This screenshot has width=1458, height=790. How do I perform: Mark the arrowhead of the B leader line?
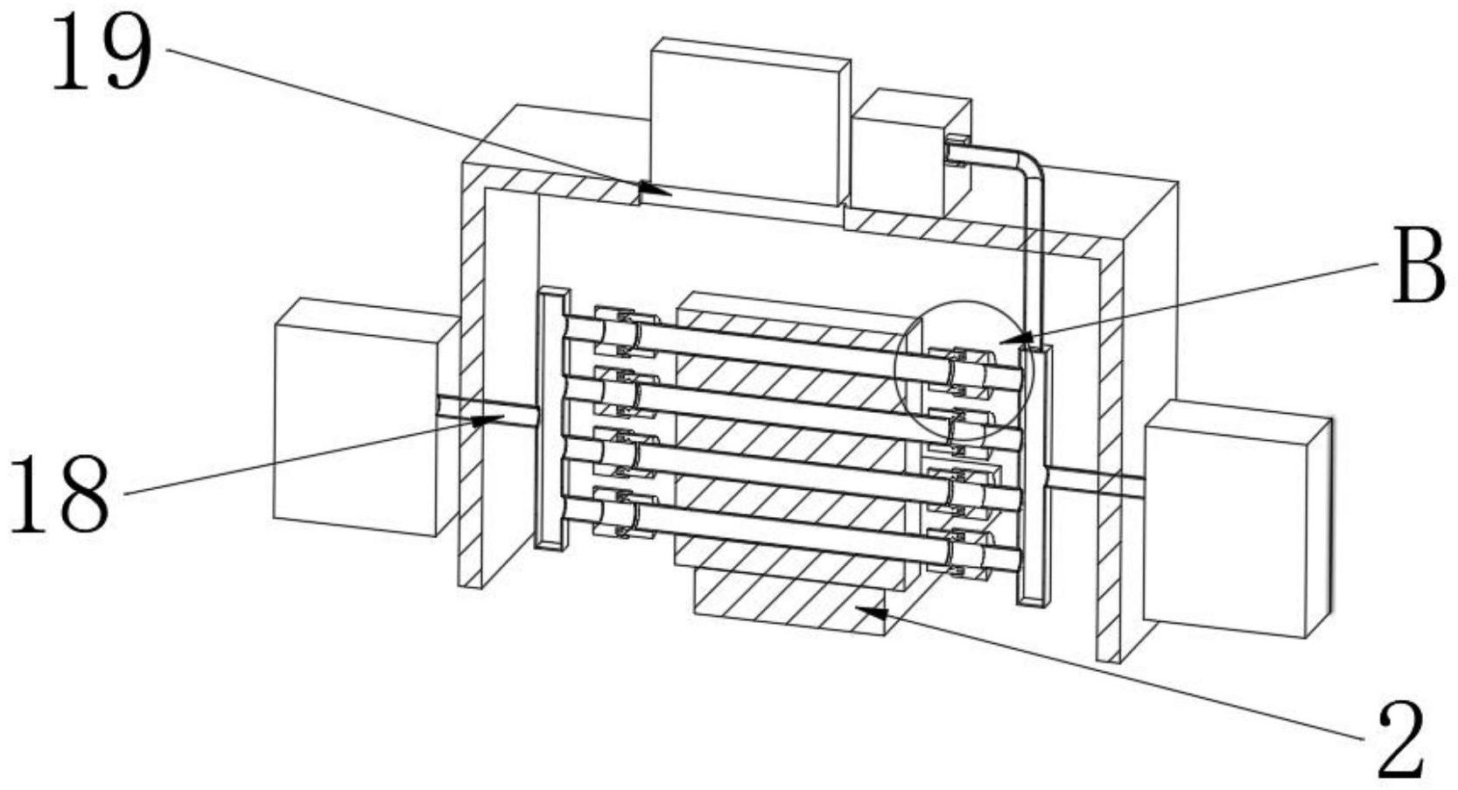[1017, 337]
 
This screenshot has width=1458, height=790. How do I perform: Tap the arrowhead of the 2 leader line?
[872, 612]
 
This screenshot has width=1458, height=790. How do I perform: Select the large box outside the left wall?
[359, 416]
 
